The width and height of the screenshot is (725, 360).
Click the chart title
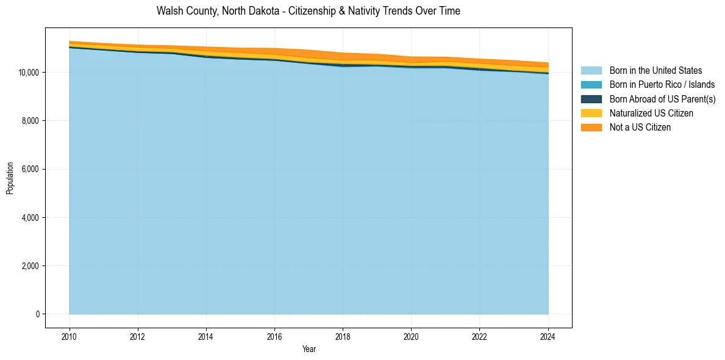308,11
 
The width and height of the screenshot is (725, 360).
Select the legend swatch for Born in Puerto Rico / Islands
591,85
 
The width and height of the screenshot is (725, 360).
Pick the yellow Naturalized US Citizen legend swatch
591,113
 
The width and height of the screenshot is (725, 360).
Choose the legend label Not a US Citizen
640,127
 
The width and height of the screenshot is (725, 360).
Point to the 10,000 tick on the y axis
29,73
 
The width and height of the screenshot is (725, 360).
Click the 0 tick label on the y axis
37,314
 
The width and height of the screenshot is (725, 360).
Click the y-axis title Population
10,178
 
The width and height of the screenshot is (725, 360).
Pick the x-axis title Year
309,349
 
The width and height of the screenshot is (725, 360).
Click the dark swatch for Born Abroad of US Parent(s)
591,99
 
